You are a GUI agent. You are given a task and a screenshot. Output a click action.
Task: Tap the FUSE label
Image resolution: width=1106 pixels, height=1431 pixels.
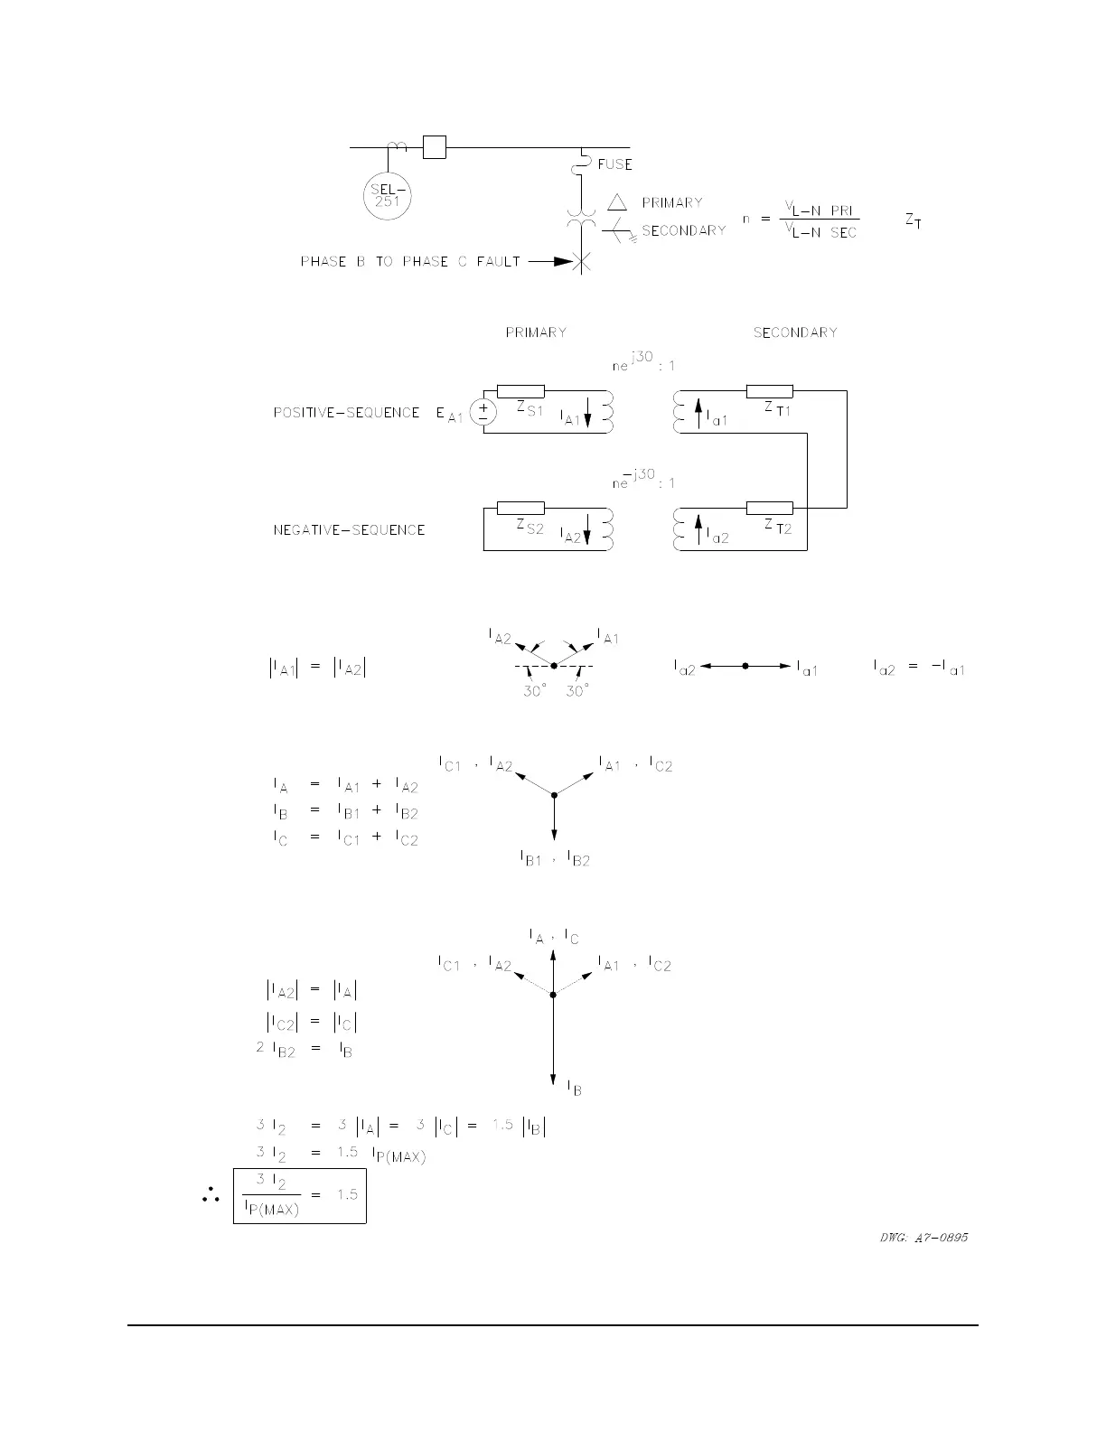pos(614,164)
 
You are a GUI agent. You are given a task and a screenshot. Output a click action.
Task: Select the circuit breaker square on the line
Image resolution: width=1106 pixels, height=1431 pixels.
pos(435,146)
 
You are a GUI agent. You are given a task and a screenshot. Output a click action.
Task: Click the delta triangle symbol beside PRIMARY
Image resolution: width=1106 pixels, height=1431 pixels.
pos(617,202)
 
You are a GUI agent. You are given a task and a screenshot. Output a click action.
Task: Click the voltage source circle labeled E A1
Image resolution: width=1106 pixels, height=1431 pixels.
pos(483,413)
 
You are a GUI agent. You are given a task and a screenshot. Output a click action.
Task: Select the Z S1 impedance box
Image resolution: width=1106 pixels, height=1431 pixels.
pos(520,391)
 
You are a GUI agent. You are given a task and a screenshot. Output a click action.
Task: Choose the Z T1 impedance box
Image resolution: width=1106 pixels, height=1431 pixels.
pos(770,391)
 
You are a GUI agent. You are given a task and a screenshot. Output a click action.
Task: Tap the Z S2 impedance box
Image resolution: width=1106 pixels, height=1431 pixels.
pos(520,508)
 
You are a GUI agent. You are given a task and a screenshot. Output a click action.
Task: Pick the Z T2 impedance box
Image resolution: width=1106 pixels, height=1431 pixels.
pos(770,508)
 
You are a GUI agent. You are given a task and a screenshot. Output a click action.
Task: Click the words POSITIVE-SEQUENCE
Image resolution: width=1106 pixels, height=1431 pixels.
pos(346,413)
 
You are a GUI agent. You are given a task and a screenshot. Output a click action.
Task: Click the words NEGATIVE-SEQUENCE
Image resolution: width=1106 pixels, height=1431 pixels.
pos(349,530)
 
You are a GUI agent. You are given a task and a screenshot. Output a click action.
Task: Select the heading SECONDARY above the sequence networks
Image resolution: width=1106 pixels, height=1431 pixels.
pos(795,332)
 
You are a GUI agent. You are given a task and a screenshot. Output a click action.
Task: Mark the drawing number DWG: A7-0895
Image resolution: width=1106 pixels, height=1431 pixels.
pos(923,1238)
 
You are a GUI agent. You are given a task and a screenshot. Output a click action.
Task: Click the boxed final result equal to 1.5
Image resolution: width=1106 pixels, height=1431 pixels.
pos(300,1195)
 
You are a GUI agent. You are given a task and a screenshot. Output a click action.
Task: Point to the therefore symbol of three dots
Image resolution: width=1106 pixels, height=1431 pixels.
pos(211,1196)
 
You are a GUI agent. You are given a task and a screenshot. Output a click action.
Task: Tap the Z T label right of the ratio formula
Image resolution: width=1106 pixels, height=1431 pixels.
pos(914,220)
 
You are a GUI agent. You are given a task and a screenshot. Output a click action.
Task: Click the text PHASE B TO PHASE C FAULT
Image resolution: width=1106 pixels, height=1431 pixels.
pos(410,262)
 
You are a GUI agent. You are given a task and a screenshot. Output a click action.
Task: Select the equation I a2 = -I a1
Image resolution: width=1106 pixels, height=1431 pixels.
pos(919,668)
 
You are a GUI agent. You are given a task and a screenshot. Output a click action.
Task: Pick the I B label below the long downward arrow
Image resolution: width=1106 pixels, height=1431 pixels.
pos(574,1089)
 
